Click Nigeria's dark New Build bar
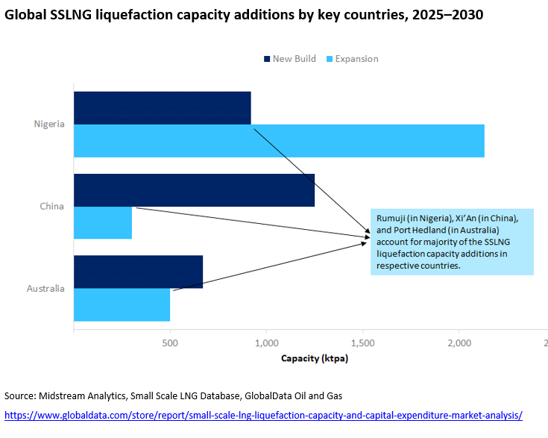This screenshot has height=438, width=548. coord(162,107)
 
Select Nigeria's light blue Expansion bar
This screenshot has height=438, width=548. coord(279,140)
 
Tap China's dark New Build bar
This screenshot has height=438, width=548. coord(194,190)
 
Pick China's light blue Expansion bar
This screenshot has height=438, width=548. coord(103,222)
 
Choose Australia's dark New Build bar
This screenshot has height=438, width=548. coord(138,272)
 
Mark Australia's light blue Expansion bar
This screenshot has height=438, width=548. coord(122,304)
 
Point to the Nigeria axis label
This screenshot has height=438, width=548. coord(49,124)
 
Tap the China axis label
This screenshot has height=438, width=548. coord(52,206)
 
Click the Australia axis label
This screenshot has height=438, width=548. coord(46,288)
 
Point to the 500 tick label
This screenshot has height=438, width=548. coord(170,342)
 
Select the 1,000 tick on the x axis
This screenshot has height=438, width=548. coord(266,342)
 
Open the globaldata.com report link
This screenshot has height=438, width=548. coord(263,415)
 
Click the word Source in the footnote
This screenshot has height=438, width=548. coord(20,395)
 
